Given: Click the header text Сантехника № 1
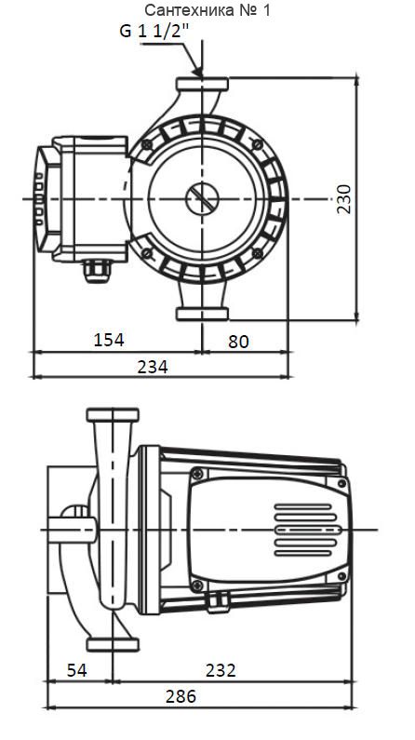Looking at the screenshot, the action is click(x=207, y=10).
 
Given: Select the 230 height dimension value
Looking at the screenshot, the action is click(x=344, y=199).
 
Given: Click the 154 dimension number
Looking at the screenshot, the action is click(x=109, y=340).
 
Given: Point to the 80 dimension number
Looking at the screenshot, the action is click(x=238, y=342).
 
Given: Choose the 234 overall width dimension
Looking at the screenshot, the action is click(x=153, y=367).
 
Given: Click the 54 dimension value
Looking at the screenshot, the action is click(x=77, y=670).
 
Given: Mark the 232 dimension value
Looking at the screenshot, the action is click(x=221, y=670).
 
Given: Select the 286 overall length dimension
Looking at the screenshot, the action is click(x=181, y=695).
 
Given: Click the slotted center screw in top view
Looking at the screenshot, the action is click(x=202, y=198).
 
